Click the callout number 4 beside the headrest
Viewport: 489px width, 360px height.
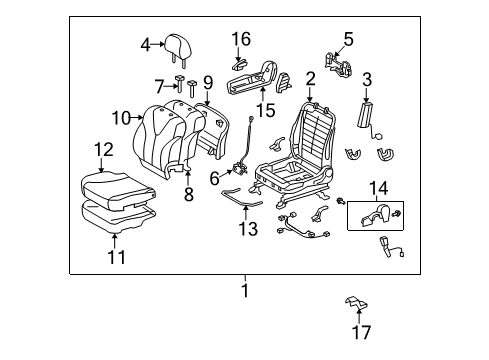point(146,44)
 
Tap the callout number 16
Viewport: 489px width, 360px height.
point(241,39)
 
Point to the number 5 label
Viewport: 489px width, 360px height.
point(347,39)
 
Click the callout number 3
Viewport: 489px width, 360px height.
point(366,79)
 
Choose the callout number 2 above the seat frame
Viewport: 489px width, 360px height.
point(311,79)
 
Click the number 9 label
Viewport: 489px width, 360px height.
point(208,83)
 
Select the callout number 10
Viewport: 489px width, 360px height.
point(121,118)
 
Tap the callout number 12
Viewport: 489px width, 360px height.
point(104,150)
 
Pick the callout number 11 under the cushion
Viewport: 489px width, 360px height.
point(117,258)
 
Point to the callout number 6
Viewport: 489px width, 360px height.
point(214,177)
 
